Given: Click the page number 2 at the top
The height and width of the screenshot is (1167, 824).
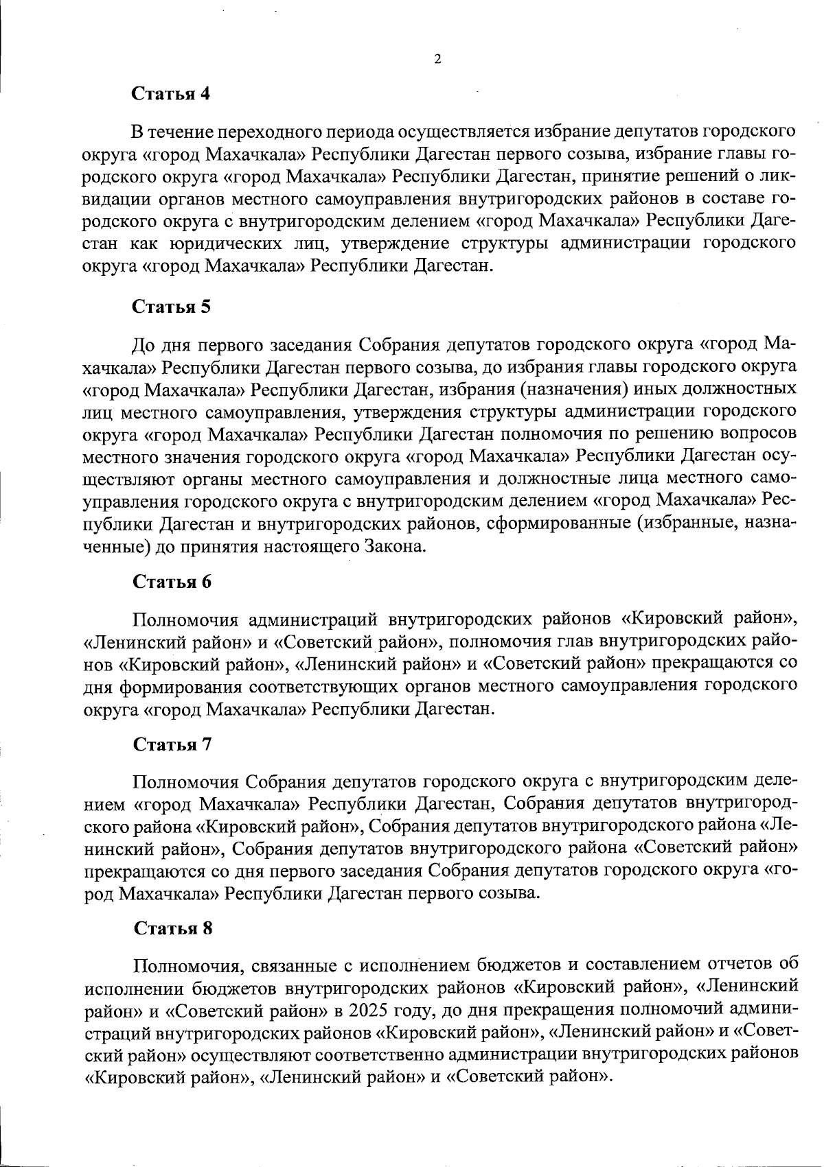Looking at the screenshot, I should pos(437,60).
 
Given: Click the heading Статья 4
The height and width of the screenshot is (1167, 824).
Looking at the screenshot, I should pos(171,94).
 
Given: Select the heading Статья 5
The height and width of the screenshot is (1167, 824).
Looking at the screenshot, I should pos(171,307).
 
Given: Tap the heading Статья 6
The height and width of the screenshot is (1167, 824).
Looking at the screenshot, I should pos(171,582).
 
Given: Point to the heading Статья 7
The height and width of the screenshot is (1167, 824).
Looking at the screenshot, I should pos(171,744).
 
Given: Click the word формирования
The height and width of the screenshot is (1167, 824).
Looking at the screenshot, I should pos(181,685).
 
